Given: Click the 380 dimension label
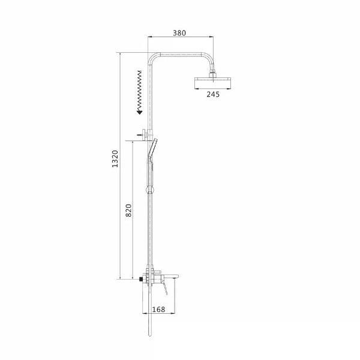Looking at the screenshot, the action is (179, 33).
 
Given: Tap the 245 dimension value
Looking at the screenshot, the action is (213, 94).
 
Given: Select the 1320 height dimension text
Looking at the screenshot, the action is (115, 158).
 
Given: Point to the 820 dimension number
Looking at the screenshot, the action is (128, 211).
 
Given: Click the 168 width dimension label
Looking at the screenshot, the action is (158, 310).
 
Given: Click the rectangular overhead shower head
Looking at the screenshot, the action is (213, 83).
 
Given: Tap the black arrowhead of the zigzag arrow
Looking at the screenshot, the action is (140, 112).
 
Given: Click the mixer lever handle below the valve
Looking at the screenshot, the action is (165, 288).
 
